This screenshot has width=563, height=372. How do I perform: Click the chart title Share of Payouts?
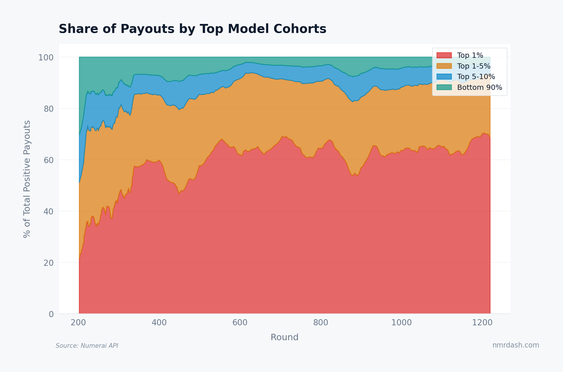(x=192, y=29)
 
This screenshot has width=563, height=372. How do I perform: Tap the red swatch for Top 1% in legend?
(x=444, y=55)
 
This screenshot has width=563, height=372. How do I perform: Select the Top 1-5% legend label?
(x=474, y=66)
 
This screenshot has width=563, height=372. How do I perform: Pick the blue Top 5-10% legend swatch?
(x=444, y=77)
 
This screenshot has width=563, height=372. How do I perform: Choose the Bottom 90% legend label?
(x=480, y=88)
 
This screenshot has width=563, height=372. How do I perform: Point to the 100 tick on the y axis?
(x=46, y=57)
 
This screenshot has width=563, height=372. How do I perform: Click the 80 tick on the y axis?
(x=48, y=109)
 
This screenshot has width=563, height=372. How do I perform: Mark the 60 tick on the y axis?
(x=48, y=160)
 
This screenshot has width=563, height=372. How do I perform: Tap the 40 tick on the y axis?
(x=48, y=212)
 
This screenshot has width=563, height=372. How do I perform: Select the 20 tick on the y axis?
(x=48, y=263)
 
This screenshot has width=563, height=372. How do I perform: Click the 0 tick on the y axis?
(x=51, y=314)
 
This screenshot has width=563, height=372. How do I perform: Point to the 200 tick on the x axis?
(x=78, y=323)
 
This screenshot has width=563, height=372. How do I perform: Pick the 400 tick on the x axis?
(x=159, y=323)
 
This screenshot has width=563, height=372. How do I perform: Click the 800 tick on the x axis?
(x=321, y=323)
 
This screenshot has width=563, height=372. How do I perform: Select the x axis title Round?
(x=284, y=337)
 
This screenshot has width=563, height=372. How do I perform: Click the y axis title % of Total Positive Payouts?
(x=27, y=179)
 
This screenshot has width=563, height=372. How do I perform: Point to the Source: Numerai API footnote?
(x=87, y=346)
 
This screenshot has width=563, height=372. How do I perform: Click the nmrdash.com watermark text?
(x=515, y=345)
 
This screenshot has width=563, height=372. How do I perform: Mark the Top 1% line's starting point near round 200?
(x=79, y=259)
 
